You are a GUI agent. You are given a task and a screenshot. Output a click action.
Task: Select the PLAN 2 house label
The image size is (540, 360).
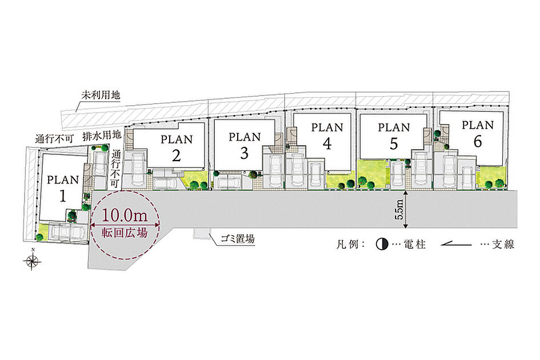[x=177, y=148]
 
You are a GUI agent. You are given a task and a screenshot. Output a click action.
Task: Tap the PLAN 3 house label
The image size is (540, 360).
[x=245, y=145]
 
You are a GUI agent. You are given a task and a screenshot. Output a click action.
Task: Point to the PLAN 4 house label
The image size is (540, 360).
[x=327, y=136]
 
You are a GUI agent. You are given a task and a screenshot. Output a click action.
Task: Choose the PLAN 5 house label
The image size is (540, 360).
[x=394, y=136]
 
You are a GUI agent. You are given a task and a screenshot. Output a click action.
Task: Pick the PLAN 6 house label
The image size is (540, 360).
[x=478, y=133]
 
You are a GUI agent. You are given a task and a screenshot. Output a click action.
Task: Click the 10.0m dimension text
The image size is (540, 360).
[x=125, y=215]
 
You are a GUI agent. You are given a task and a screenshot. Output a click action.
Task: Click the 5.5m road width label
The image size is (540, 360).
[x=400, y=210]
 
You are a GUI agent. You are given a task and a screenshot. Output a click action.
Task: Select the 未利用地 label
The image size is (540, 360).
[x=101, y=95]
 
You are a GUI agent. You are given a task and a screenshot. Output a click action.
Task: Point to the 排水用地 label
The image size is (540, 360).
[x=102, y=135]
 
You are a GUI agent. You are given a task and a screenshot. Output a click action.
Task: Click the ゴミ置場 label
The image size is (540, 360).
[x=237, y=239]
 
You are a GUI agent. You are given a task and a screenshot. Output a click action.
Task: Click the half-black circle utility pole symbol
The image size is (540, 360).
[x=382, y=245]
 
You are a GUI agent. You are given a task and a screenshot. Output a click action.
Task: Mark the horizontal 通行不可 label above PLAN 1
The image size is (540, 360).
[x=54, y=139]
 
